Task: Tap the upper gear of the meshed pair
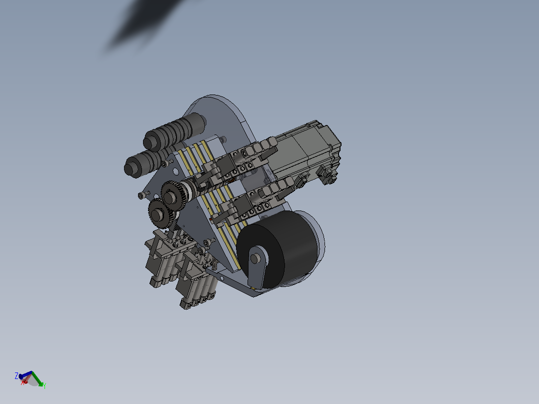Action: point(172,193)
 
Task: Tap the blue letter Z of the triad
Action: point(16,375)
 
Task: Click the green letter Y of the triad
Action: point(44,385)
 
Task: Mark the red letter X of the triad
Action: point(22,383)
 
